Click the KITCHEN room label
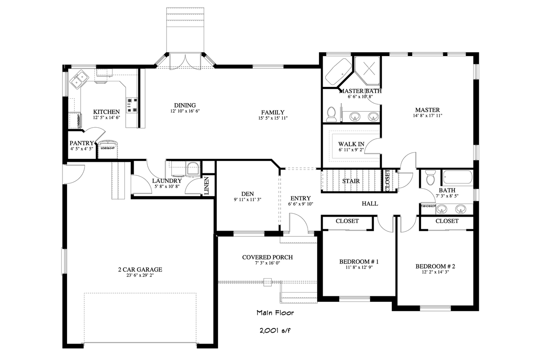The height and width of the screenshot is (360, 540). [103, 112]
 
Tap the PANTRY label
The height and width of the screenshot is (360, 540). [81, 143]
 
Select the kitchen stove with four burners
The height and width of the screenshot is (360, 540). [132, 105]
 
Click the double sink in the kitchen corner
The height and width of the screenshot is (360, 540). [79, 80]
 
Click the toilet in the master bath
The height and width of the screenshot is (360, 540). [332, 114]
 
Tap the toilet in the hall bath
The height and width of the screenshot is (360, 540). [430, 178]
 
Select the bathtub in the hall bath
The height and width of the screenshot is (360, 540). [457, 177]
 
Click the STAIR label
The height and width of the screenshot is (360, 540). [351, 181]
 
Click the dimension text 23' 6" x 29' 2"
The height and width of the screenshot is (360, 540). [140, 277]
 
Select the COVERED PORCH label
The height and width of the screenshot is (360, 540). [267, 257]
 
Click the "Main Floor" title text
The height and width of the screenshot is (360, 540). [275, 313]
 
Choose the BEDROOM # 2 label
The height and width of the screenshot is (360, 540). [436, 266]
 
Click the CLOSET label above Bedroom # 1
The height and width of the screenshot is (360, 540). [347, 221]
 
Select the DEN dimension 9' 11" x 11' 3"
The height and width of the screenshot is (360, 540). [248, 200]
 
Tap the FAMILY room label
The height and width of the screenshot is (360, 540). [273, 112]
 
